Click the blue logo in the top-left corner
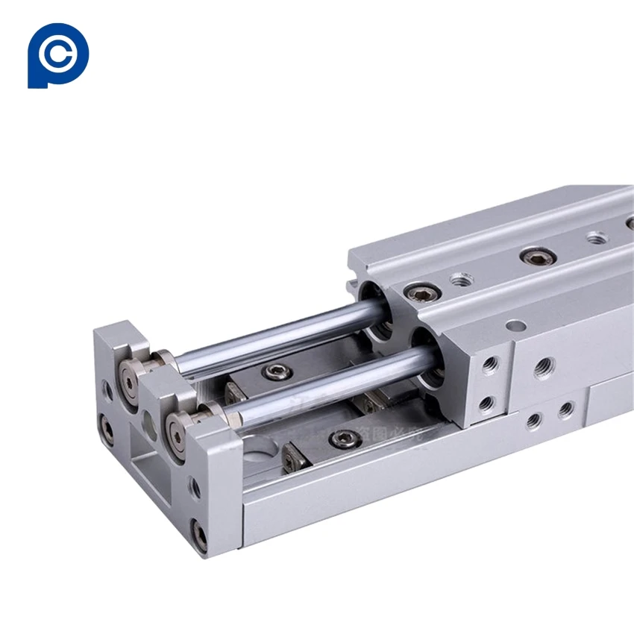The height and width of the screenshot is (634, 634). pos(57,56)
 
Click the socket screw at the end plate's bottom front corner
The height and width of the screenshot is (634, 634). pos(199,536)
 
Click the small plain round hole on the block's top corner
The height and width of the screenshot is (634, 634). pos(515,325)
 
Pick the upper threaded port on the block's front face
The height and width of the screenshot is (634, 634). pos(489,365)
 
